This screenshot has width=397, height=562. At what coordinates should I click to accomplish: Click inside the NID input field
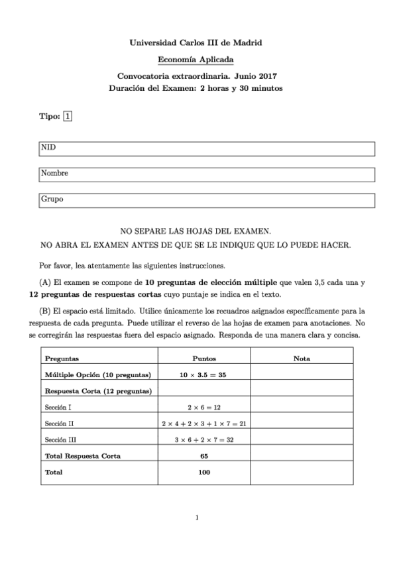click(x=207, y=148)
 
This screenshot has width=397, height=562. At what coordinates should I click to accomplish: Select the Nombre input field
click(x=207, y=174)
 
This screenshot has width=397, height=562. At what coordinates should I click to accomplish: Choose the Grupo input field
click(x=207, y=199)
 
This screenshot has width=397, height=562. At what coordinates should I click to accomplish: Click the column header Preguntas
click(x=62, y=359)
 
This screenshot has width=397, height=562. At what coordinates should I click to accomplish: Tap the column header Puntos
click(x=204, y=359)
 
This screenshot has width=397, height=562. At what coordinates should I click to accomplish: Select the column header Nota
click(x=302, y=359)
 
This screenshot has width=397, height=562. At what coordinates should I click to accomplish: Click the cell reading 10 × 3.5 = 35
click(x=203, y=374)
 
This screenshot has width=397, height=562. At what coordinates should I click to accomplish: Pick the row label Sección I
click(x=58, y=407)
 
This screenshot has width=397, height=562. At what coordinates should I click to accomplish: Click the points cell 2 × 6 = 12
click(x=203, y=407)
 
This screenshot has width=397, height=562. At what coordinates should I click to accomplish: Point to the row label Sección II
click(x=60, y=423)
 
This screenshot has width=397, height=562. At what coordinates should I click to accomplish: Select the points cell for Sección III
click(x=203, y=439)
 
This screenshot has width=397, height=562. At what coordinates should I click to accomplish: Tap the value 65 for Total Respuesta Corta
click(x=203, y=456)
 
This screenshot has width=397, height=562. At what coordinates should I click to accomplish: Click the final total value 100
click(x=203, y=473)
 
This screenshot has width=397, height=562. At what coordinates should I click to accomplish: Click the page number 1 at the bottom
click(x=198, y=518)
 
